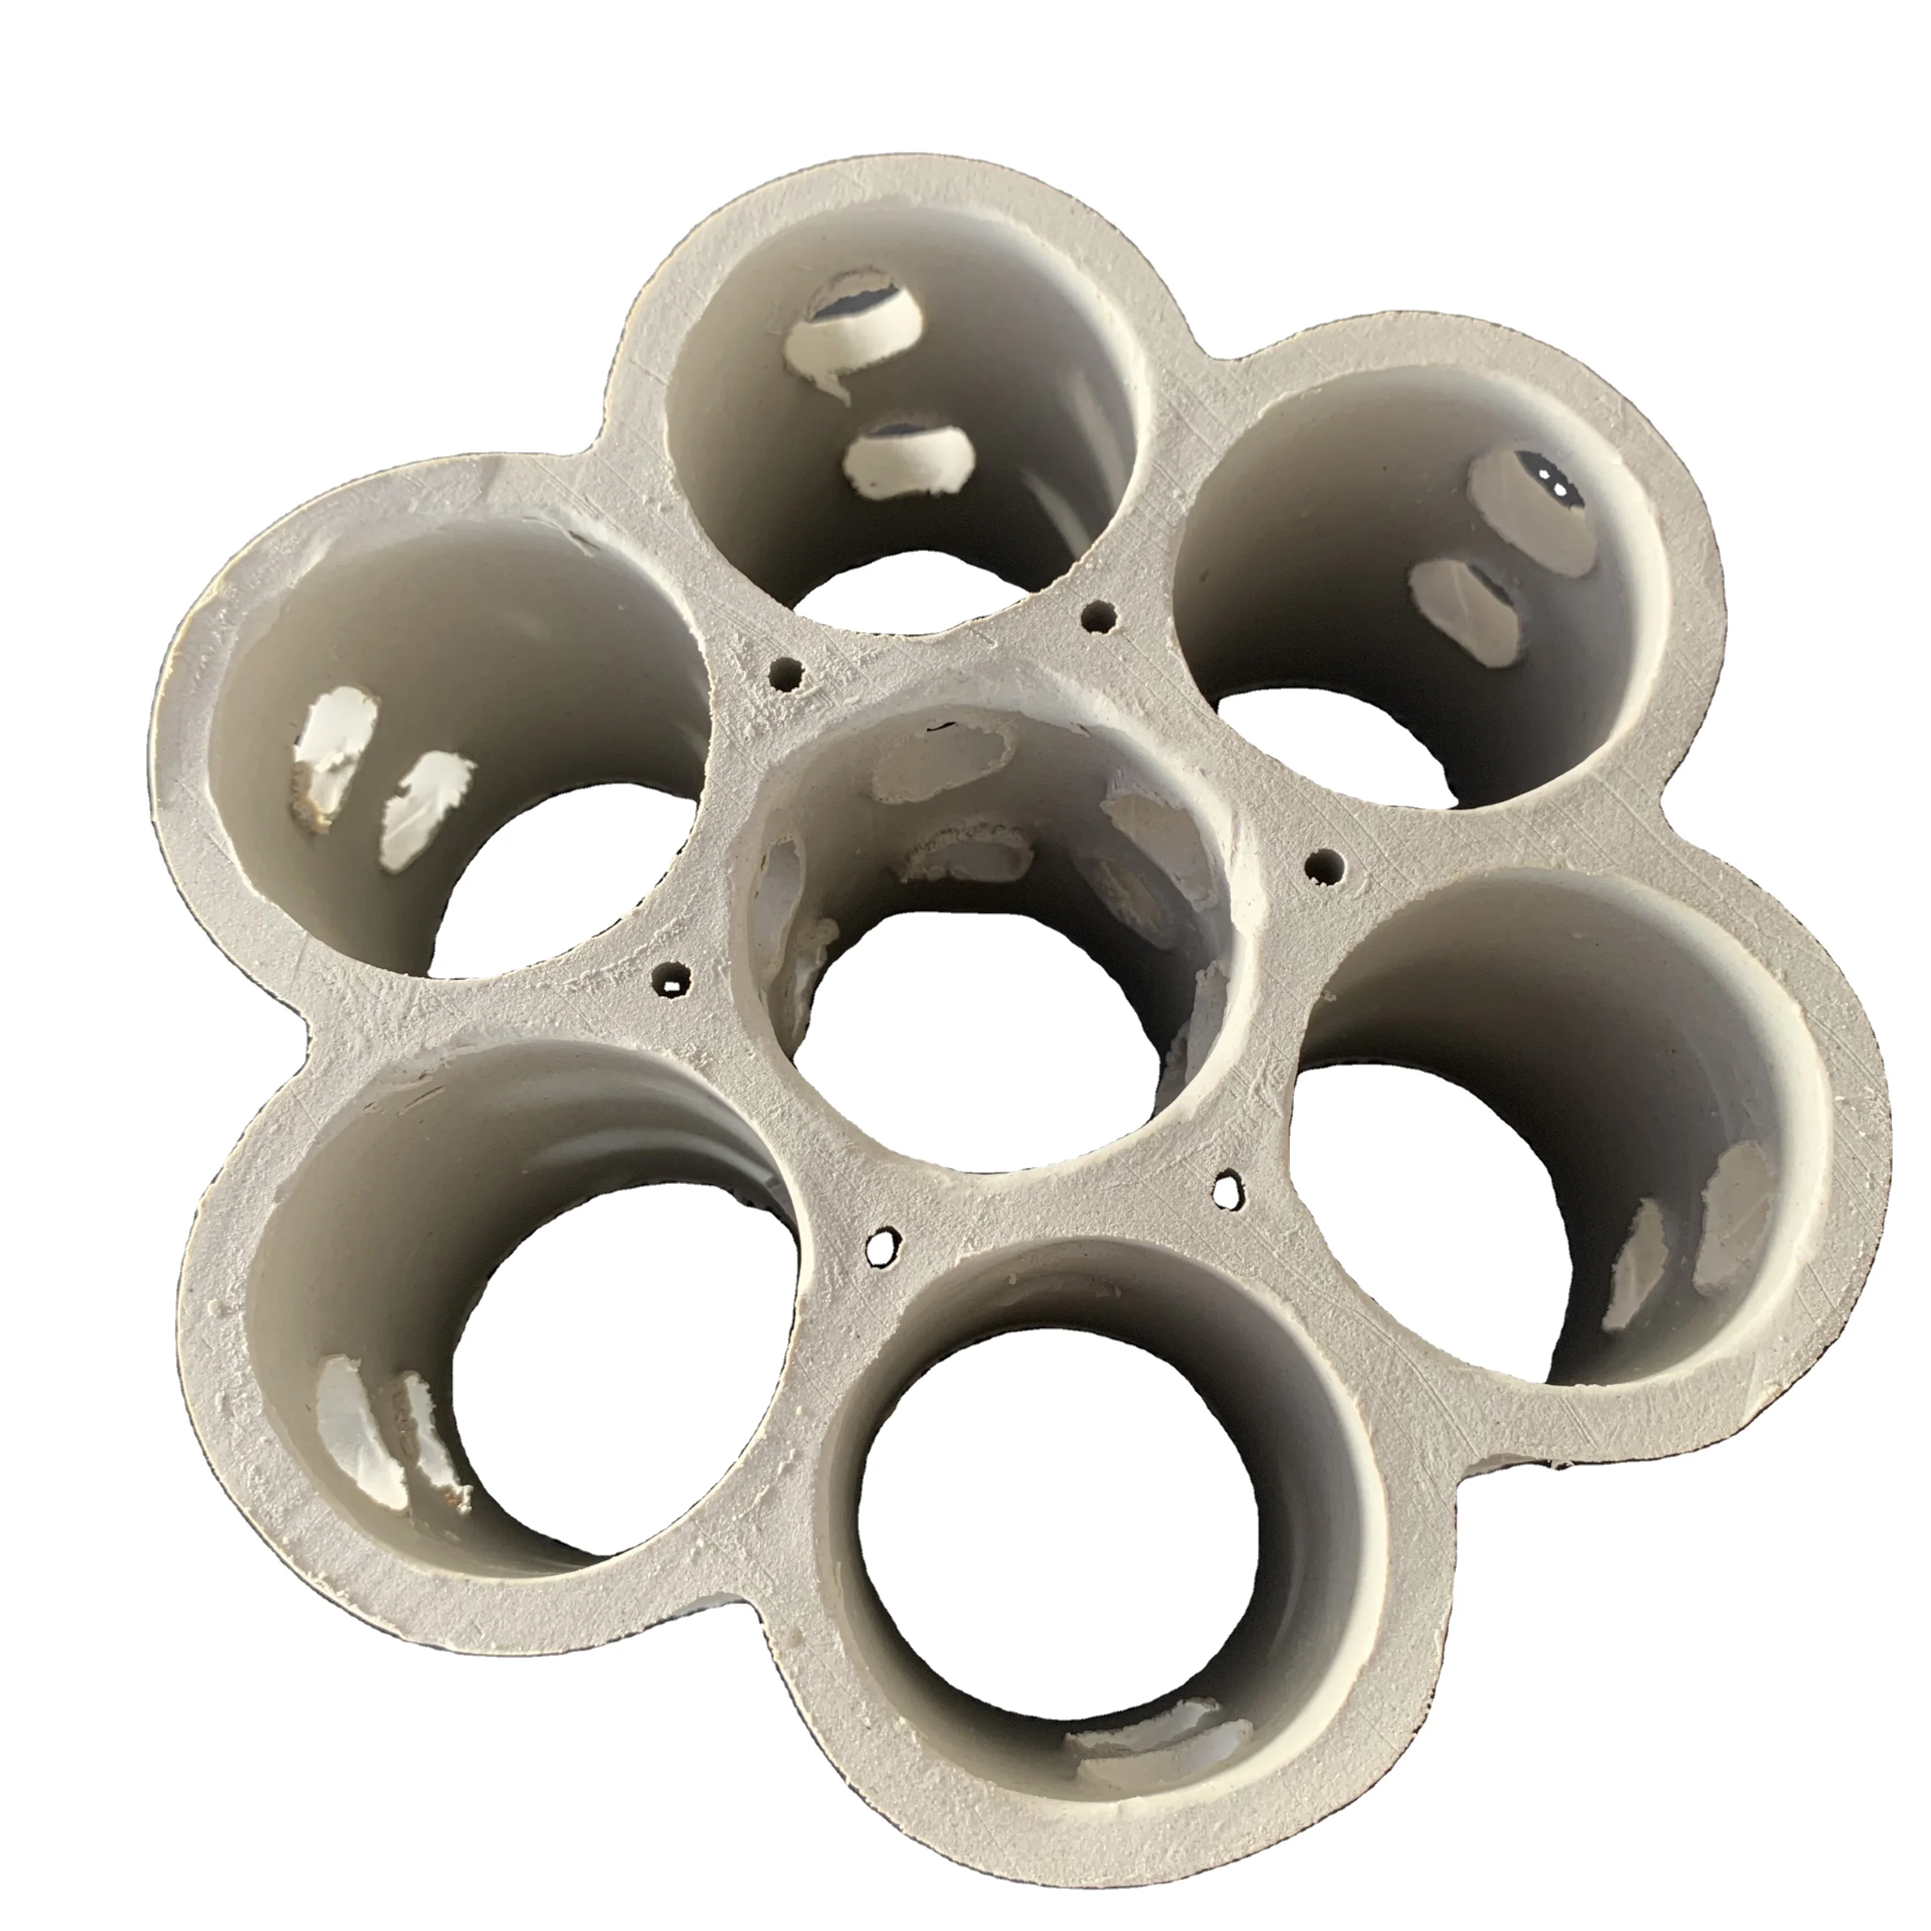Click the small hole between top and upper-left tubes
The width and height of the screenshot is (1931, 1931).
coord(787,676)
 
